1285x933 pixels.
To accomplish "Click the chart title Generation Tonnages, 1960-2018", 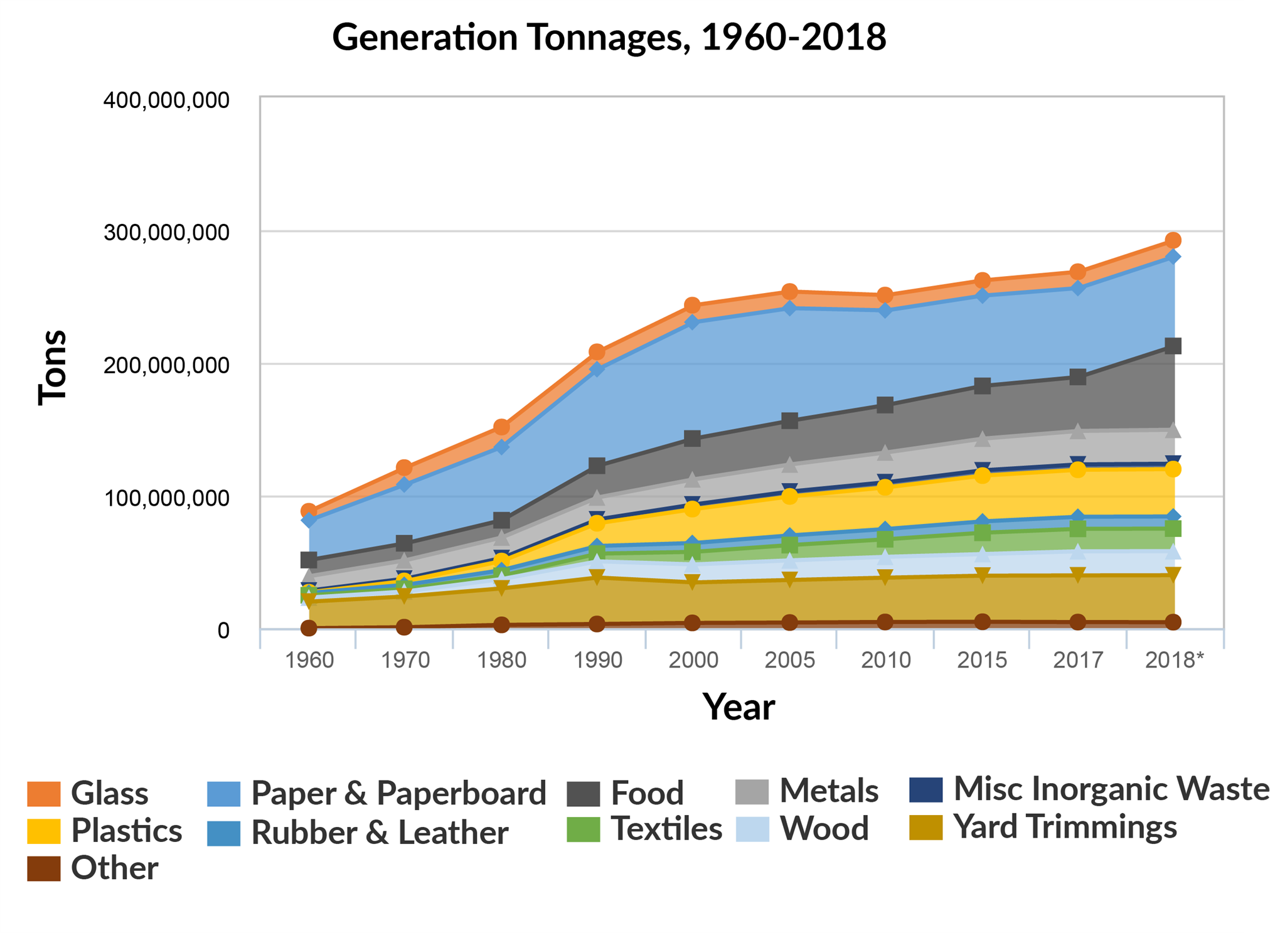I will click(x=609, y=38).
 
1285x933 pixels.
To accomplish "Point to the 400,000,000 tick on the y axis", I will click(x=166, y=100).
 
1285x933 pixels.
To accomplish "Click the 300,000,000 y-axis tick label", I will click(x=166, y=233).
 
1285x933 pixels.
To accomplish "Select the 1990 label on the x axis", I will click(x=597, y=660).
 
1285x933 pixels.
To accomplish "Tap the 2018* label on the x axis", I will click(x=1174, y=660).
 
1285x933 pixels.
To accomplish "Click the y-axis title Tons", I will click(x=52, y=368).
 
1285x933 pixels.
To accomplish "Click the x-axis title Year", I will click(x=738, y=707).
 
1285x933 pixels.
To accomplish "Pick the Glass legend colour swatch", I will click(x=44, y=794).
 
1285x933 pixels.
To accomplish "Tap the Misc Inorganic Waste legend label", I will click(x=1111, y=789).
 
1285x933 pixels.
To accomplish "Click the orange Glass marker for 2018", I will click(x=1173, y=240).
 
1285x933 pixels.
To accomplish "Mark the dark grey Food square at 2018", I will click(x=1173, y=346).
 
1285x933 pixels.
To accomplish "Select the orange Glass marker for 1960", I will click(x=308, y=511).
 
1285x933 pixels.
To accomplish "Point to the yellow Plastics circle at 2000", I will click(x=692, y=508).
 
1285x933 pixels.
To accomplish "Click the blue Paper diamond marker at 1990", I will click(x=597, y=369).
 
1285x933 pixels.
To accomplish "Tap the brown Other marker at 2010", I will click(x=885, y=622).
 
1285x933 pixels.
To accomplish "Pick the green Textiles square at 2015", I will click(x=982, y=533).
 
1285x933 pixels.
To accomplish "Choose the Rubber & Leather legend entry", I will click(x=379, y=833).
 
